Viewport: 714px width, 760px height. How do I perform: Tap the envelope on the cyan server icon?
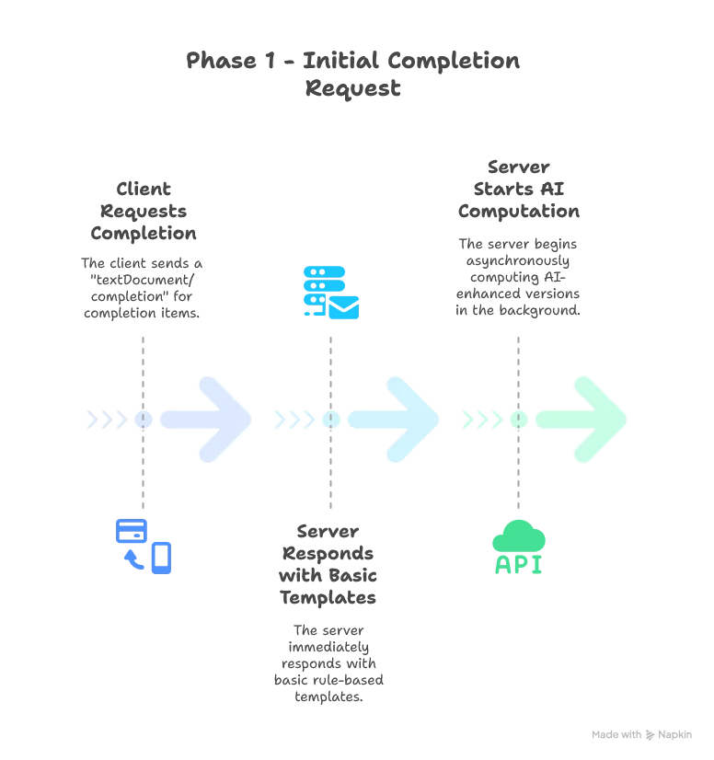343,306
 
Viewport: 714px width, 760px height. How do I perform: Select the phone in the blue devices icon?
162,556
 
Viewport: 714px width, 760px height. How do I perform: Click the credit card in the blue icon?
131,531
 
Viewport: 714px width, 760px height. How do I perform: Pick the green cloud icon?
520,535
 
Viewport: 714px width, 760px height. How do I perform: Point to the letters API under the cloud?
519,563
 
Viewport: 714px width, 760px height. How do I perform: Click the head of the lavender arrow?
225,419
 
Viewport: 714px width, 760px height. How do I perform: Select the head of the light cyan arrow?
414,419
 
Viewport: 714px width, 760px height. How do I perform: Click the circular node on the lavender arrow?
144,420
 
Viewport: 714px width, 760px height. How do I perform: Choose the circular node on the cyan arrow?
331,420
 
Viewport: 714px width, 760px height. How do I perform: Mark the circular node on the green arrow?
519,420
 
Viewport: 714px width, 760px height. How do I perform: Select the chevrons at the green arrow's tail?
480,420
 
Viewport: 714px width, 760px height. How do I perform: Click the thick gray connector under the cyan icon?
331,368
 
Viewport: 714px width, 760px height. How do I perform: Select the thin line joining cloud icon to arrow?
519,474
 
